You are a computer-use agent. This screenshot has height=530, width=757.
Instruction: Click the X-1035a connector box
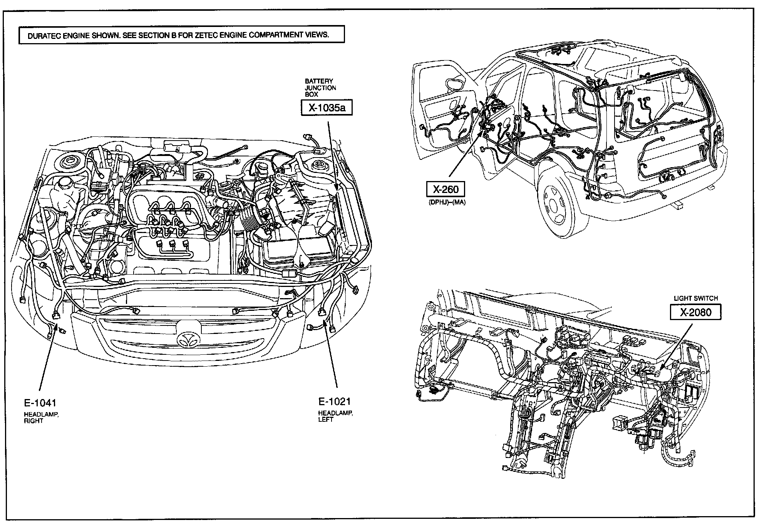[x=327, y=108]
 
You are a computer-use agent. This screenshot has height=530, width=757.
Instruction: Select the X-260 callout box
[x=445, y=189]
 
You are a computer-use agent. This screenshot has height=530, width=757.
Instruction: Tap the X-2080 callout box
[x=695, y=312]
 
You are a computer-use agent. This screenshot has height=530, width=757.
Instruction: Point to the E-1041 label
[x=40, y=403]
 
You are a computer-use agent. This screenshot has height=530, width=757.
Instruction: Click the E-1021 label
[x=335, y=402]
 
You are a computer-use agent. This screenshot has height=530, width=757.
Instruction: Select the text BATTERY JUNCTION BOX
[x=320, y=88]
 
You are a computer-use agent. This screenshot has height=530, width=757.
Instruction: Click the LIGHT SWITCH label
[x=695, y=298]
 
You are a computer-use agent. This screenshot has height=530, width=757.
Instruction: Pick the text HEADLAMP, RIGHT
[x=41, y=418]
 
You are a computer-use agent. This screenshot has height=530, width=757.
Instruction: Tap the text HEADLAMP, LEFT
[x=335, y=416]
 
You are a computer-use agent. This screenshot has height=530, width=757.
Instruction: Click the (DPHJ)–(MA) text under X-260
[x=446, y=202]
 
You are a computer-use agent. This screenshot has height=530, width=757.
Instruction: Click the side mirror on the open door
[x=456, y=84]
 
